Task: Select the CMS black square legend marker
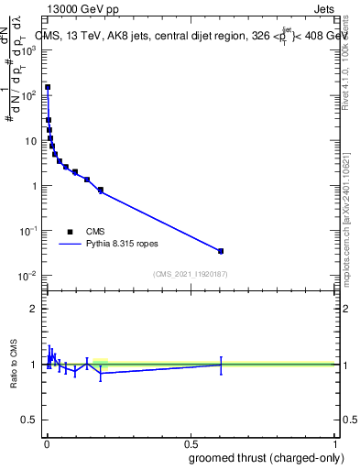pos(70,232)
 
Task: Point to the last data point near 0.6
pos(221,251)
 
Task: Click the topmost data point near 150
pos(48,88)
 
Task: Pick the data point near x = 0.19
pos(101,190)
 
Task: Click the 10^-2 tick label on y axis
pos(28,276)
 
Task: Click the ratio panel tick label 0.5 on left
pos(30,421)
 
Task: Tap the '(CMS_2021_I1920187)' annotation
pos(191,274)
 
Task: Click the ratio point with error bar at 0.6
pos(221,365)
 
